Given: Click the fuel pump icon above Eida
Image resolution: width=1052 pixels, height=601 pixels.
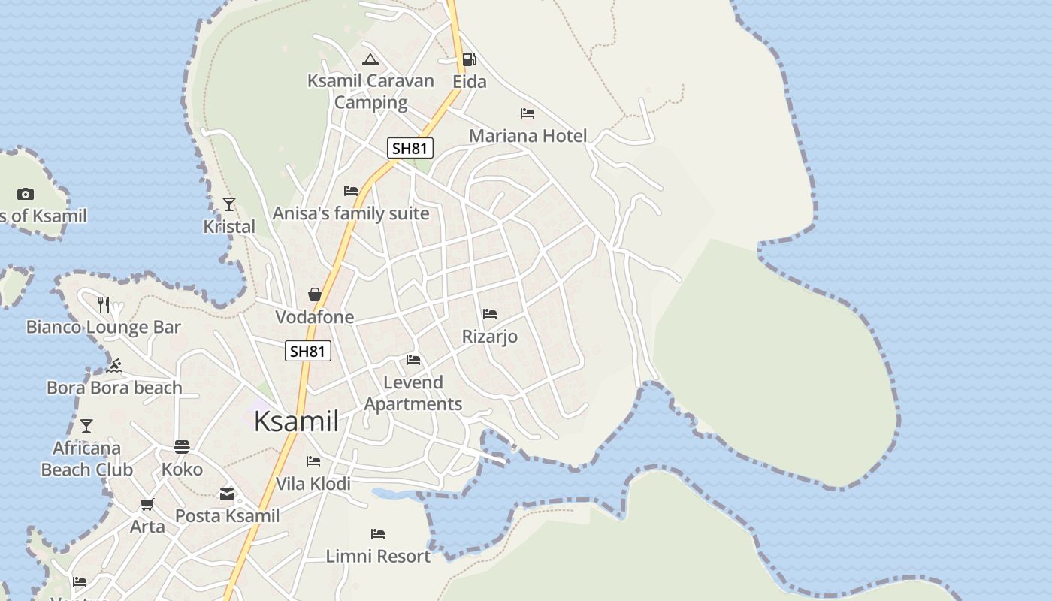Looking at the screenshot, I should click(x=469, y=59).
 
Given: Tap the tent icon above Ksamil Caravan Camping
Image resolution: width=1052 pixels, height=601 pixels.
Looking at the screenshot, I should click(x=370, y=59).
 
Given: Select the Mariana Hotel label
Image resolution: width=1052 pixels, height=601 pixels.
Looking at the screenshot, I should click(x=528, y=136).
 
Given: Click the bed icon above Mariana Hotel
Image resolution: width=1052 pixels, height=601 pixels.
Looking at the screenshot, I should click(x=528, y=113).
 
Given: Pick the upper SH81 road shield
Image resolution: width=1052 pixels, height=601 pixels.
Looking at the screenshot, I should click(x=410, y=148).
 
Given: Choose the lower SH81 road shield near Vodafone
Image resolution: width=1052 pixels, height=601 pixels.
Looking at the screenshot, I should click(x=308, y=351).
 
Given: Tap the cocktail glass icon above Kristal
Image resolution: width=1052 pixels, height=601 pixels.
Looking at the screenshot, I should click(x=229, y=204).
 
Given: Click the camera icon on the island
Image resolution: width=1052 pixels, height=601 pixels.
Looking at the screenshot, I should click(x=26, y=194).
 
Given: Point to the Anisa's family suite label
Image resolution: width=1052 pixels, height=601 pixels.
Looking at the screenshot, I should click(x=351, y=213).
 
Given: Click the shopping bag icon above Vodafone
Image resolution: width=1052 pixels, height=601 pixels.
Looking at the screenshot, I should click(x=315, y=294).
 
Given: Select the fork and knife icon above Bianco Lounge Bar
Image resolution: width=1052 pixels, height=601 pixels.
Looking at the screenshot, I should click(x=104, y=304).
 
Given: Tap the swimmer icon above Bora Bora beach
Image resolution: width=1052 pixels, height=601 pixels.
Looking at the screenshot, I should click(x=114, y=366).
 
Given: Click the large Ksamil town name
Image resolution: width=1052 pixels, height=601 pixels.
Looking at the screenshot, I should click(x=296, y=421).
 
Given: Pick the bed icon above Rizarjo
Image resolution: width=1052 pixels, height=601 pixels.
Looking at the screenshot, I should click(x=490, y=313).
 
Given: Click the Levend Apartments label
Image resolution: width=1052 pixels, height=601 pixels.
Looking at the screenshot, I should click(x=413, y=393).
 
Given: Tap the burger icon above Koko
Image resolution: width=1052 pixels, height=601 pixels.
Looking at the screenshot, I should click(x=182, y=447).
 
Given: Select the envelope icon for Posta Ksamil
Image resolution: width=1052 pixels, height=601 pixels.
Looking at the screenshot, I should click(x=227, y=494).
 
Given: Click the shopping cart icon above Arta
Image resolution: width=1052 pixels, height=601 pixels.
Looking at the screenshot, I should click(x=147, y=504).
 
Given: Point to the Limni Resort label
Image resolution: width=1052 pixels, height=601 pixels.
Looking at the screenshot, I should click(x=378, y=557).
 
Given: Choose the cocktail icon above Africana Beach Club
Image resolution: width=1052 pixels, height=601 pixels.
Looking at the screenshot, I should click(x=86, y=426).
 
